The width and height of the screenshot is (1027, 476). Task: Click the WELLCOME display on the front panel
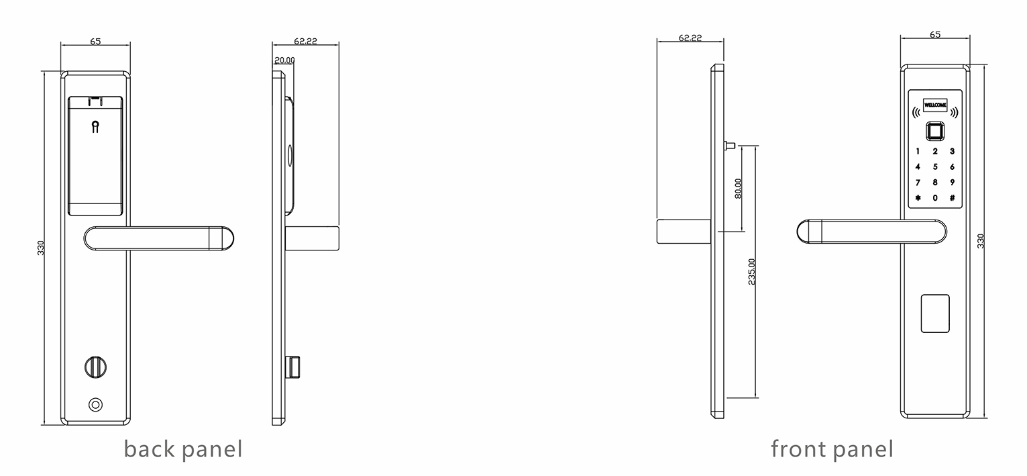935,105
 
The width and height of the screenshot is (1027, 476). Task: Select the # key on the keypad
952,198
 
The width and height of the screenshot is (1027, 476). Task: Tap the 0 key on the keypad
935,198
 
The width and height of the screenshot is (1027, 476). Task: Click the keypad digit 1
918,151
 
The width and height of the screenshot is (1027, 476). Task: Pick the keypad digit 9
952,182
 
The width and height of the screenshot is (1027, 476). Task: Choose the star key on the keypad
918,198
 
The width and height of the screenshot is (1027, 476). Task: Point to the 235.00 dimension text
751,271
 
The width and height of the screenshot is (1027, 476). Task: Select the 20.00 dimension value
284,60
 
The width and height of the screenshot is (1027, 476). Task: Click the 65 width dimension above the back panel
95,42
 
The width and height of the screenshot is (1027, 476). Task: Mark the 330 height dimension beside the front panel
981,241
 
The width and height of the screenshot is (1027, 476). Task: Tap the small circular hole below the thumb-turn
96,405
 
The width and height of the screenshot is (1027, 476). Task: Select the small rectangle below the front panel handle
935,313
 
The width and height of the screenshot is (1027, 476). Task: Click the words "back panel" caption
182,448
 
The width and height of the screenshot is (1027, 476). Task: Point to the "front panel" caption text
832,448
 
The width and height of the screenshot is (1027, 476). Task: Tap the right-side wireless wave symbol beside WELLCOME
955,112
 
